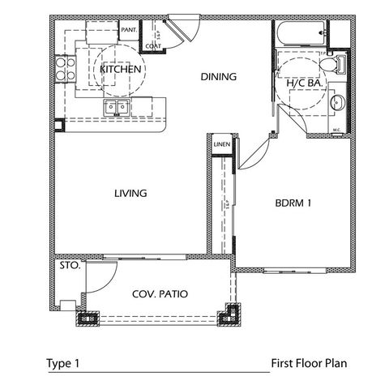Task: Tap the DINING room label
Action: (217, 78)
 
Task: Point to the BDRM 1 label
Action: (293, 204)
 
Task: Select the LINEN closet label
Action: (222, 144)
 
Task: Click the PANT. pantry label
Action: (128, 30)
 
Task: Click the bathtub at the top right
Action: (301, 35)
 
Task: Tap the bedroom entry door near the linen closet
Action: (254, 152)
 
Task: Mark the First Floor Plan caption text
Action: (308, 364)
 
